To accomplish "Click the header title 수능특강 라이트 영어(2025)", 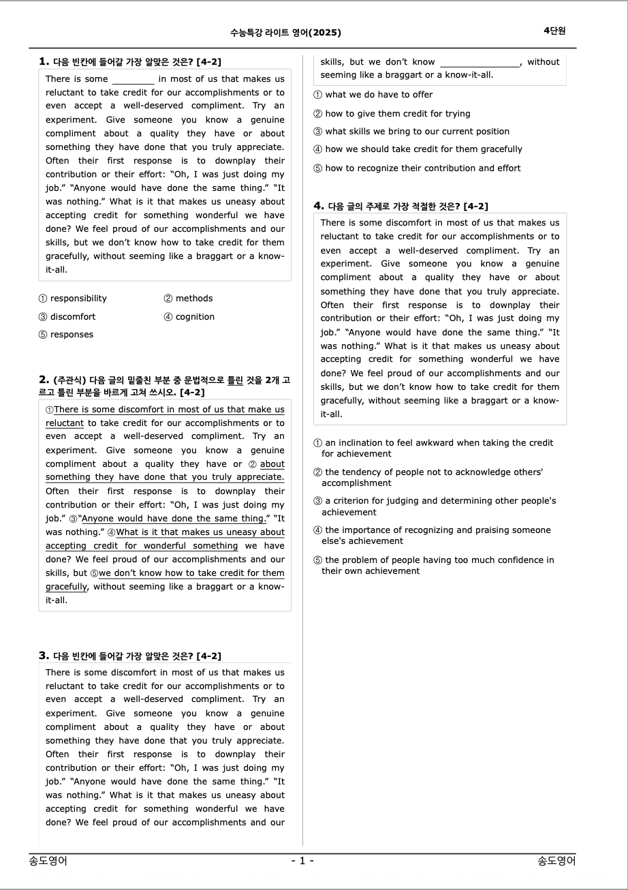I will click(285, 32).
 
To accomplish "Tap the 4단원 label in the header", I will click(554, 31).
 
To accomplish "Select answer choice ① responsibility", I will click(73, 298).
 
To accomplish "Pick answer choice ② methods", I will click(188, 298).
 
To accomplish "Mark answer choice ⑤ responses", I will click(66, 335).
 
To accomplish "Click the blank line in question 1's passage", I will click(134, 80).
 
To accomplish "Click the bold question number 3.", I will click(44, 656).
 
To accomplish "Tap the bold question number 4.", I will click(318, 206).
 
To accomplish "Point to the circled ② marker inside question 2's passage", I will click(252, 464).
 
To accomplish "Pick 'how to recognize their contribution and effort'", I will click(417, 168).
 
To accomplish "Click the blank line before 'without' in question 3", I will click(480, 63).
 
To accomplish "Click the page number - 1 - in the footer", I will click(302, 861).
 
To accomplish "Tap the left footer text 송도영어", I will click(48, 861).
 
